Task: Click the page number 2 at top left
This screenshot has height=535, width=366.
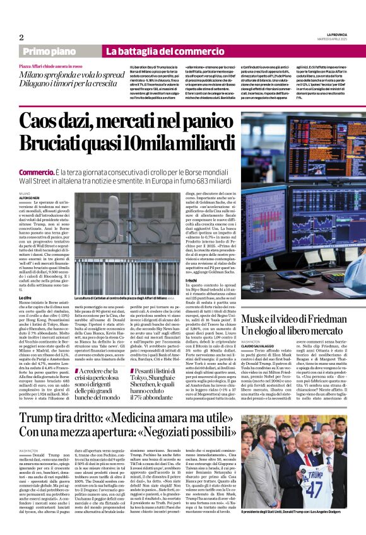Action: point(21,37)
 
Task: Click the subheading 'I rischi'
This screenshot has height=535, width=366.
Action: point(192,296)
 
